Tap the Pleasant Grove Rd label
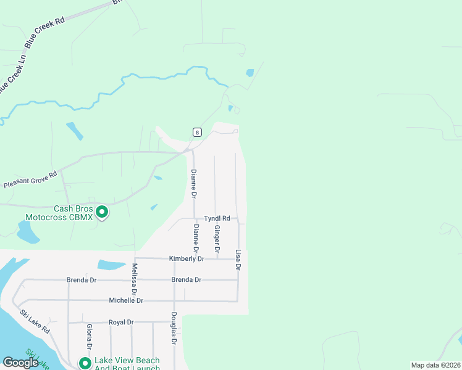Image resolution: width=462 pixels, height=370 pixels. (30, 180)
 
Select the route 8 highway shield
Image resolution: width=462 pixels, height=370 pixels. (196, 132)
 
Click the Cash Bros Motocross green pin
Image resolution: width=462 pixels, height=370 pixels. (102, 212)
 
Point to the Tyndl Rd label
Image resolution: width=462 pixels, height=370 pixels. (217, 218)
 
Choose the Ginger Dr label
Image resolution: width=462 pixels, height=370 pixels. (217, 239)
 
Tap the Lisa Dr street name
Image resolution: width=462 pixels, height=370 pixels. (238, 259)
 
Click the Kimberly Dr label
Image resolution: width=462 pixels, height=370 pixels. (187, 259)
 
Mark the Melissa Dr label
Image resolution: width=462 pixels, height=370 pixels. (134, 278)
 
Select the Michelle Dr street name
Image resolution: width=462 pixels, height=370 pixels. (126, 300)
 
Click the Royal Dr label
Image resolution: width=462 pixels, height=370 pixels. (121, 322)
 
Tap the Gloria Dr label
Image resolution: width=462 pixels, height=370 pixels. (90, 337)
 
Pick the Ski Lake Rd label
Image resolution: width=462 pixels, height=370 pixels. (35, 321)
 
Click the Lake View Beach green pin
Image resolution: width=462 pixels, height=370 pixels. (85, 363)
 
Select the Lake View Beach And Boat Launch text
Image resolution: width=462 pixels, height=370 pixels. (127, 364)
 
